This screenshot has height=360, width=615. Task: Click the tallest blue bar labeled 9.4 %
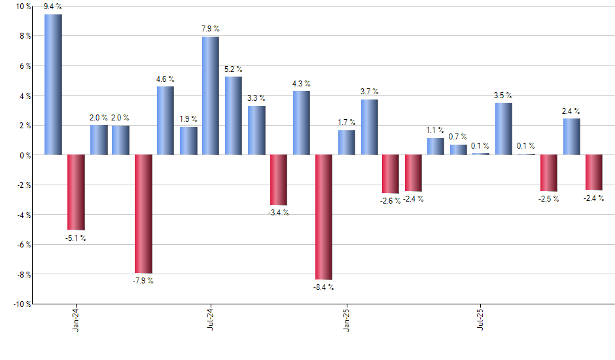[53, 84]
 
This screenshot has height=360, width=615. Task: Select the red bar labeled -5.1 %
[76, 192]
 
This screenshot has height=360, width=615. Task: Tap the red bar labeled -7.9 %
[143, 213]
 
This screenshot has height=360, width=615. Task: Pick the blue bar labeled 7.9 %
[211, 96]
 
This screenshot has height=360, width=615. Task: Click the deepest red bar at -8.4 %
[323, 217]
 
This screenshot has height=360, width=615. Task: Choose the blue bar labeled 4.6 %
[166, 120]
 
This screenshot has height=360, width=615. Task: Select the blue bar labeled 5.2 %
[234, 116]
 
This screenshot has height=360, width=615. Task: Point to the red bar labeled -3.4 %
[279, 180]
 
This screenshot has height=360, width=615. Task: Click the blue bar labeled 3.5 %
[503, 128]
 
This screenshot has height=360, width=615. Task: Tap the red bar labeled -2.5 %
[548, 173]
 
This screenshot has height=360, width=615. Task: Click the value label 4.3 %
[301, 83]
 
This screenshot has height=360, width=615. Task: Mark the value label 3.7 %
[369, 92]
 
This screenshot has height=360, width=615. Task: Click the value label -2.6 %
[391, 200]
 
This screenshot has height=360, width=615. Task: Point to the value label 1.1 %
[436, 130]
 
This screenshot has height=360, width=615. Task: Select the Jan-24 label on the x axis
[76, 318]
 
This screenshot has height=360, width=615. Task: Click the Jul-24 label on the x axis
[211, 318]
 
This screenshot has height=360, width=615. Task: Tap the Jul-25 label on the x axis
[482, 318]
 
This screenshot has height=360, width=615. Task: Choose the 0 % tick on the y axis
[24, 155]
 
